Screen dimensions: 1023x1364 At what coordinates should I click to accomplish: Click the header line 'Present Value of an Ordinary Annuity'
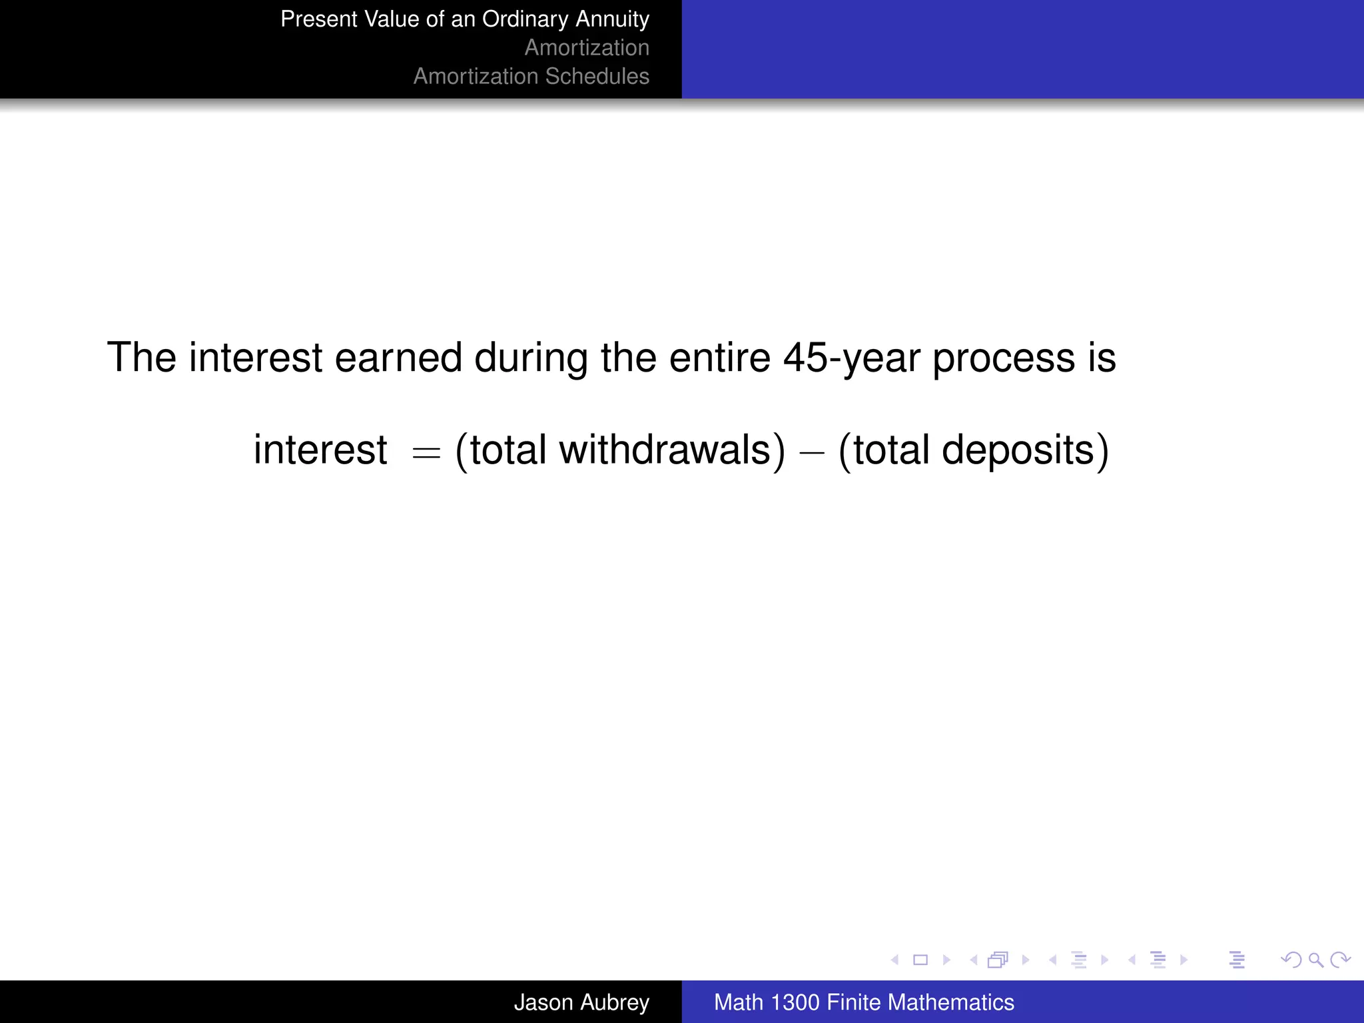pos(464,19)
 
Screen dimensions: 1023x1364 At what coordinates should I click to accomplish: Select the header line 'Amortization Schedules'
pos(531,77)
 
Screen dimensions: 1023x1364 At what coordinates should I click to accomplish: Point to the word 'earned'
pos(398,358)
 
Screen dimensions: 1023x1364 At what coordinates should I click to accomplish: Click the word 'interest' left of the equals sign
pos(320,450)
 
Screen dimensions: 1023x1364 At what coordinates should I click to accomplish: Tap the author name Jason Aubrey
pos(581,1002)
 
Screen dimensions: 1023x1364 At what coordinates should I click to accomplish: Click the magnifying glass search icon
pos(1315,960)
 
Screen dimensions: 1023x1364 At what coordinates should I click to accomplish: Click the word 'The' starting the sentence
pos(141,358)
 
